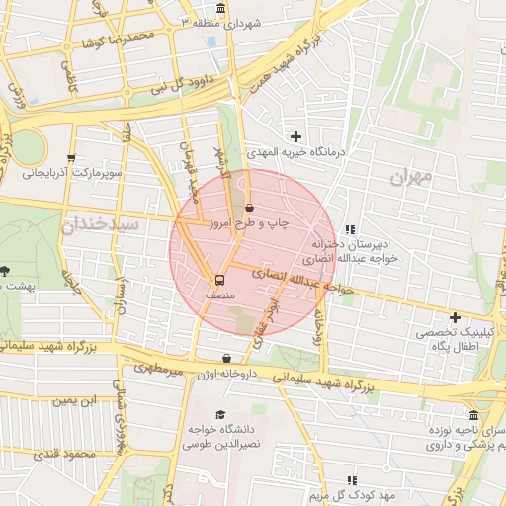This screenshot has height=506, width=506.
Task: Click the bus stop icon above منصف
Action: [x=219, y=280]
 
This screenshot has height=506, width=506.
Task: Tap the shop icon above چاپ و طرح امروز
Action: [x=248, y=209]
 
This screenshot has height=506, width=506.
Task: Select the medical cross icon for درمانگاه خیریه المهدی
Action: [x=295, y=135]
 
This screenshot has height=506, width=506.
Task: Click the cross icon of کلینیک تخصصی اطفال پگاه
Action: [x=454, y=317]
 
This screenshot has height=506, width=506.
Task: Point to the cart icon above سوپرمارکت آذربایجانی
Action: [x=70, y=157]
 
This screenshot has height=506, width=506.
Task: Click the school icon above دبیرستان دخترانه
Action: [x=351, y=228]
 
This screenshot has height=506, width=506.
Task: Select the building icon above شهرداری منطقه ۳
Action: [x=218, y=8]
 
